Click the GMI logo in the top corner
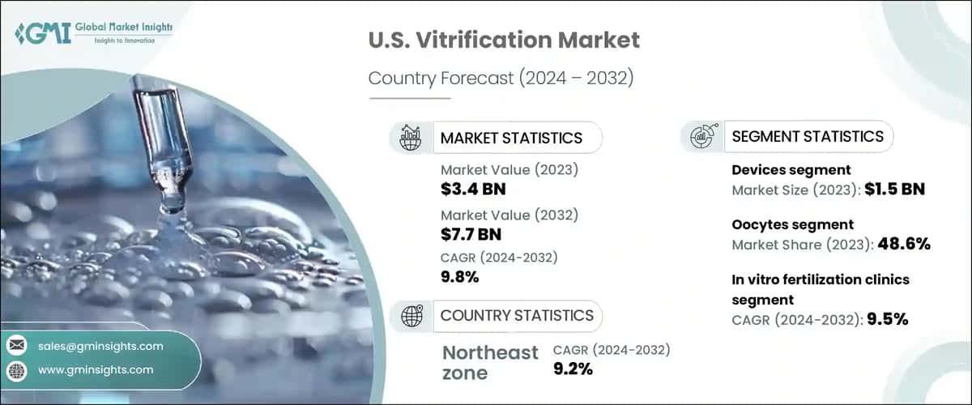pyautogui.click(x=93, y=33)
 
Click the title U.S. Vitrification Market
pyautogui.click(x=504, y=40)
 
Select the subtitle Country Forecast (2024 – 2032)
pyautogui.click(x=500, y=79)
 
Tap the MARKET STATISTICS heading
pyautogui.click(x=511, y=138)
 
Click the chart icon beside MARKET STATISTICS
pyautogui.click(x=411, y=138)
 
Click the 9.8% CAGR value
pyautogui.click(x=460, y=277)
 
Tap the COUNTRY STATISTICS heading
pyautogui.click(x=517, y=315)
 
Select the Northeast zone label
pyautogui.click(x=490, y=362)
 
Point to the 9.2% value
pyautogui.click(x=573, y=369)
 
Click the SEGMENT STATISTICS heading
pyautogui.click(x=808, y=136)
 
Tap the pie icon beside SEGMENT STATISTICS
pyautogui.click(x=701, y=136)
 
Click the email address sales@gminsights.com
pyautogui.click(x=100, y=346)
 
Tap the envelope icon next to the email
pyautogui.click(x=17, y=346)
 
